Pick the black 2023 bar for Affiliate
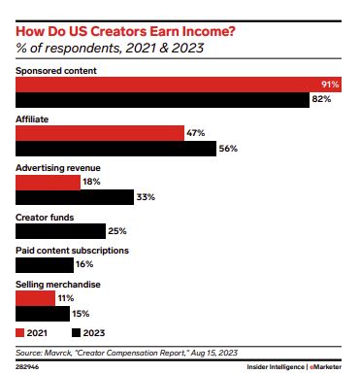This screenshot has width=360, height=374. click(115, 149)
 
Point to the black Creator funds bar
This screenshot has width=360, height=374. click(60, 231)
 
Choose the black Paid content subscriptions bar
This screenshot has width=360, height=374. click(45, 264)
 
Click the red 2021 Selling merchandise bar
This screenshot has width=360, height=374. click(36, 298)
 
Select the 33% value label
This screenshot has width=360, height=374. click(147, 198)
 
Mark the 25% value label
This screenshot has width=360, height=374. click(118, 231)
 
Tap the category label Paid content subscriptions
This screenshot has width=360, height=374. click(73, 250)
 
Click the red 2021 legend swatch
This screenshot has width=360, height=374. click(20, 332)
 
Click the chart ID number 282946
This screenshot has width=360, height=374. click(27, 367)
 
